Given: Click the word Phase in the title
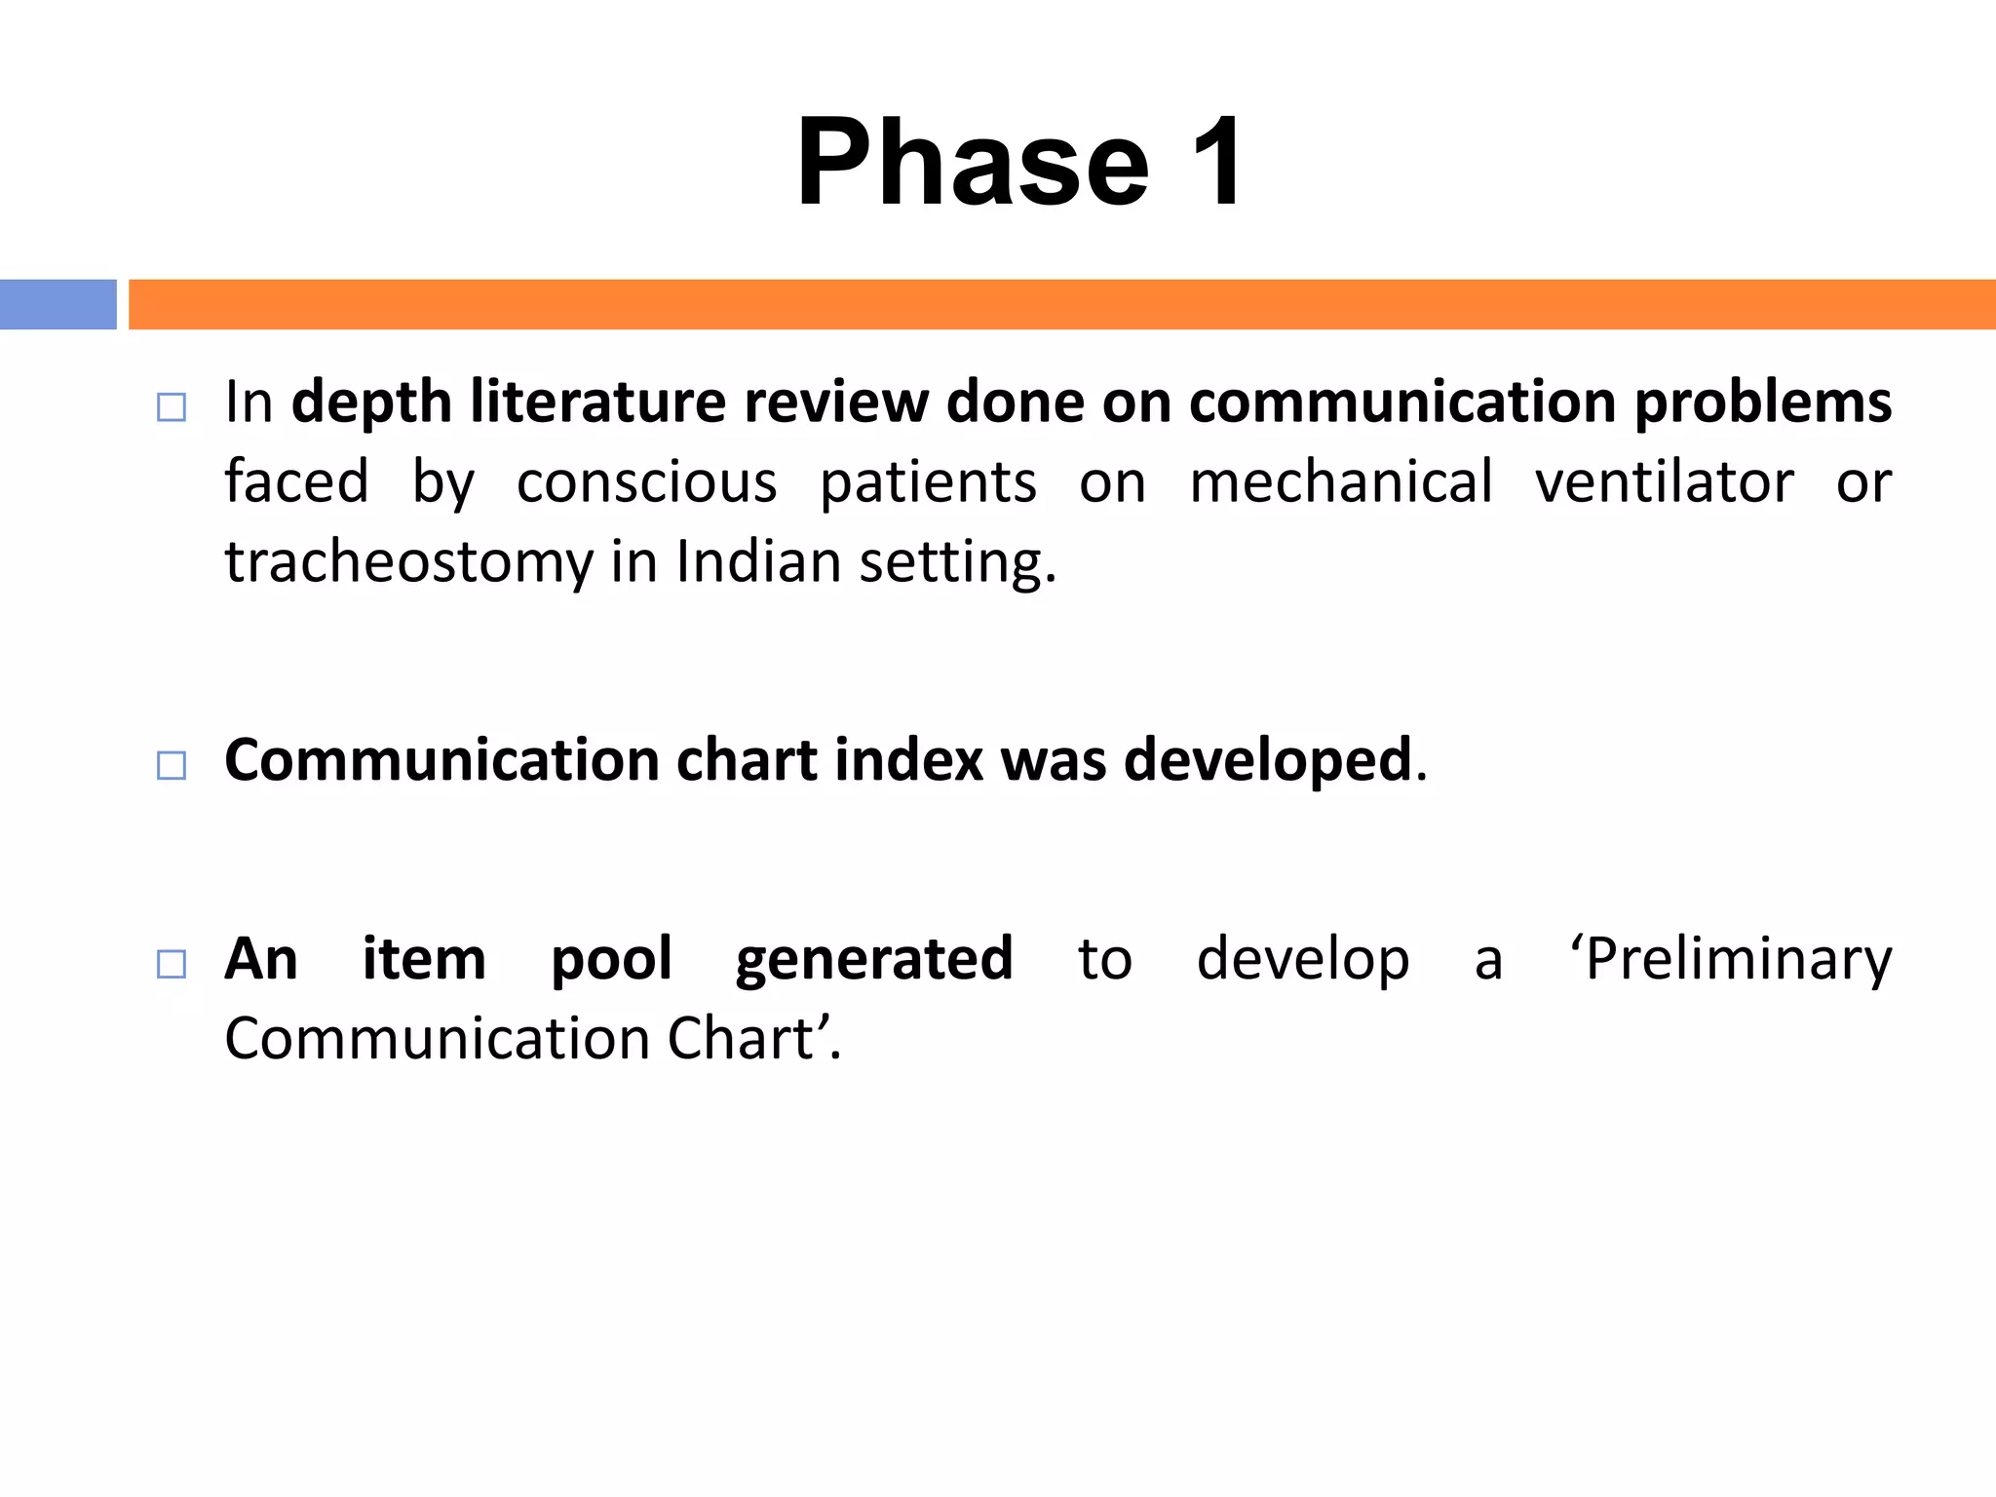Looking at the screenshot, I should pos(973,163).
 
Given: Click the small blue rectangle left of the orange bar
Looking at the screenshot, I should pos(58,304).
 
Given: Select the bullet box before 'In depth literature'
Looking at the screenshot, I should pos(172,406).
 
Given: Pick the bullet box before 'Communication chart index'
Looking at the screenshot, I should pos(172,765).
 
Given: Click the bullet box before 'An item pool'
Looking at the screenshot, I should pos(172,964).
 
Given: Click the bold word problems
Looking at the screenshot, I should pos(1762,402).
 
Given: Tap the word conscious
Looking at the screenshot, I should pos(646,481).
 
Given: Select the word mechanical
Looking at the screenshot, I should pos(1341,481).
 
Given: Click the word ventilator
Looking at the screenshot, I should pos(1664,481).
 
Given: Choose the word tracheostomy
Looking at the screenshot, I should pos(409,562).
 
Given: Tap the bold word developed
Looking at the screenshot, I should pos(1267,759).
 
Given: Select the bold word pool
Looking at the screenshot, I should pos(611,959).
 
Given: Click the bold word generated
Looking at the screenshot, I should pos(874,959).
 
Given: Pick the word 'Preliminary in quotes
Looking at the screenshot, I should pos(1730,959).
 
